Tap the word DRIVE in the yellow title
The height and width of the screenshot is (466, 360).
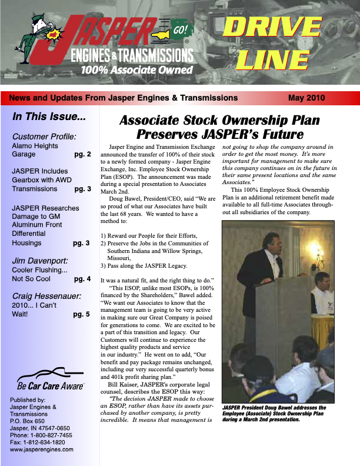[272, 28]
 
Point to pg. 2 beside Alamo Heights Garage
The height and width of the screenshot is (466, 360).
[82, 155]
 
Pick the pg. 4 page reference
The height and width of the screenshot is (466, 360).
[81, 279]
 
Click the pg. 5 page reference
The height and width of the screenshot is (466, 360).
[81, 314]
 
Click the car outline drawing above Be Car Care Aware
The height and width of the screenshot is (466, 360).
[51, 375]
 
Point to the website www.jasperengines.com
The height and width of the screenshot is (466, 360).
[42, 449]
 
